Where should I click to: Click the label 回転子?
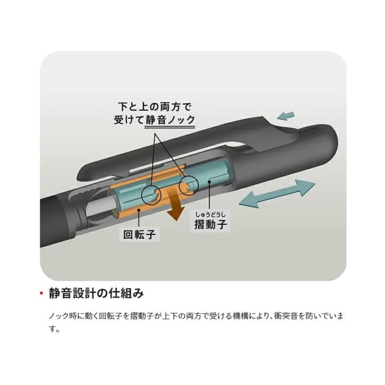[x=139, y=234]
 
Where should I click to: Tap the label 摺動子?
[x=210, y=224]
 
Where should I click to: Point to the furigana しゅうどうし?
[x=210, y=215]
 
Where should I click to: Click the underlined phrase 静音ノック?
[x=170, y=120]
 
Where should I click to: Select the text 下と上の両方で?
[x=154, y=107]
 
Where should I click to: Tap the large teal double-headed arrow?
[x=277, y=194]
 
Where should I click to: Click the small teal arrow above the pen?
[x=285, y=115]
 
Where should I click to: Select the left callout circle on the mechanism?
[x=152, y=195]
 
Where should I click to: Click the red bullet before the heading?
[x=41, y=293]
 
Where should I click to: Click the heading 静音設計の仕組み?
[x=96, y=293]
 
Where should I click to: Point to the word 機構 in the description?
[x=240, y=316]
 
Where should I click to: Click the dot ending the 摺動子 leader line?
[x=209, y=182]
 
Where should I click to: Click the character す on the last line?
[x=52, y=329]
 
